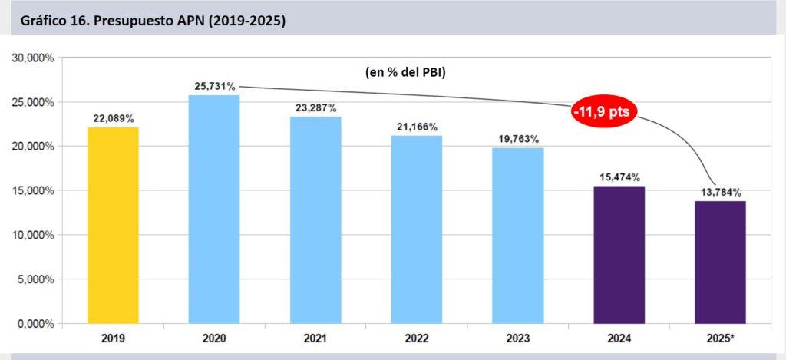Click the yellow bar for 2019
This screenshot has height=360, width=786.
pyautogui.click(x=113, y=225)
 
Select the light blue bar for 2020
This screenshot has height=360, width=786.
pyautogui.click(x=214, y=209)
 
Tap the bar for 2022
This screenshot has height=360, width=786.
pyautogui.click(x=417, y=229)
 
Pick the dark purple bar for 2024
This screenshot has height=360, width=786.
pyautogui.click(x=619, y=254)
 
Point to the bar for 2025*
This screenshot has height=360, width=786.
pyautogui.click(x=720, y=262)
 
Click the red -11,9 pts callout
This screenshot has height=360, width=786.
pyautogui.click(x=605, y=112)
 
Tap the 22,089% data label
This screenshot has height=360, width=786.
pyautogui.click(x=113, y=119)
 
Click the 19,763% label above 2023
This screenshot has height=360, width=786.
pyautogui.click(x=518, y=139)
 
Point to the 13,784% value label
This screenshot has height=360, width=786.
pyautogui.click(x=720, y=192)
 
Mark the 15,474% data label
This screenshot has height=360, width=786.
pyautogui.click(x=619, y=177)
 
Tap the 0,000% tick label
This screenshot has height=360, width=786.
pyautogui.click(x=35, y=323)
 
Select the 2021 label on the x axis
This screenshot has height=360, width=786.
pyautogui.click(x=315, y=338)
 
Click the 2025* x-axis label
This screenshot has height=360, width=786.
pyautogui.click(x=720, y=338)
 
